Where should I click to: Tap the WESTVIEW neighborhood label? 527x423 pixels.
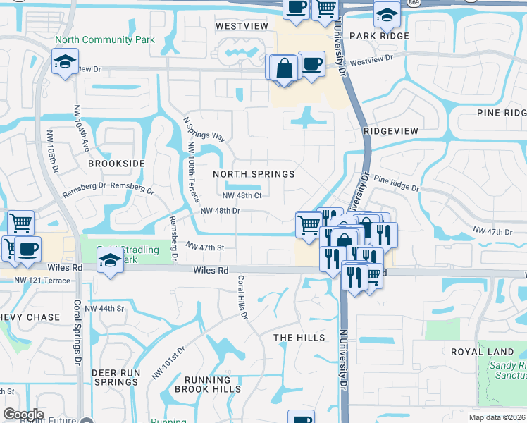click(x=242, y=26)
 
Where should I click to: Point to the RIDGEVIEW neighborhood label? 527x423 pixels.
click(x=392, y=131)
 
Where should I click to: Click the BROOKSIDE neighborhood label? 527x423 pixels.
click(x=116, y=164)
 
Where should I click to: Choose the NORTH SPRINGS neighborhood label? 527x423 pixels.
click(x=254, y=174)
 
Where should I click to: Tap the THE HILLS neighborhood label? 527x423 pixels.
click(x=299, y=338)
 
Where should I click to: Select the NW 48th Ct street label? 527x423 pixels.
click(x=242, y=195)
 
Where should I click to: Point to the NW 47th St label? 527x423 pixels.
click(x=205, y=247)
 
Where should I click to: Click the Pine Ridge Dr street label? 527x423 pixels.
click(x=396, y=185)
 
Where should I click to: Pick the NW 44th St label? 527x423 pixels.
click(x=104, y=309)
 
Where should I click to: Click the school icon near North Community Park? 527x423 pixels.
click(x=65, y=61)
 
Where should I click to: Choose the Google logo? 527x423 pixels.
click(x=23, y=415)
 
